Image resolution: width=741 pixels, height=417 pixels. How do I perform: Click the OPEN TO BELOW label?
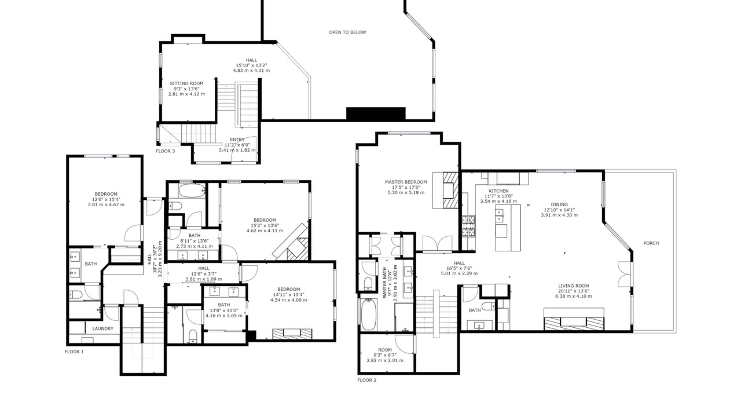[347, 32]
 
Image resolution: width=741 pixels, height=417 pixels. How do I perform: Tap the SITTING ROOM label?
[186, 83]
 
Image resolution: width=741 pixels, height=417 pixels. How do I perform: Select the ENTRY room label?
[237, 140]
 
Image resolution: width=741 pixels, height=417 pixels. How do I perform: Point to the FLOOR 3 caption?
[166, 151]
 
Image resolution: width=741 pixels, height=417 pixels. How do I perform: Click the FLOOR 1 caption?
[74, 352]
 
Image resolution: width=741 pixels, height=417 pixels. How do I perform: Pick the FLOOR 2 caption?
[367, 381]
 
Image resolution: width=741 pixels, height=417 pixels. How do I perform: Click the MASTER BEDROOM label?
[406, 182]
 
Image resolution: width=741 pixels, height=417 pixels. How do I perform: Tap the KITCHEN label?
[498, 191]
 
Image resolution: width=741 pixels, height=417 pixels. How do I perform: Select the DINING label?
[559, 204]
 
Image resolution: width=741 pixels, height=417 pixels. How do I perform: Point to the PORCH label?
[651, 243]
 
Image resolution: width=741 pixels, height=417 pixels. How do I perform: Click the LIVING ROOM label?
[574, 286]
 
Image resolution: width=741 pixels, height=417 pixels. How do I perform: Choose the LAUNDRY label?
[102, 328]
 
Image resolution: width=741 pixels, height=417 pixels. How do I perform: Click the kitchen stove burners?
[469, 226]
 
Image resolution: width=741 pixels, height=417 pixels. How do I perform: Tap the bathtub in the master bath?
[368, 314]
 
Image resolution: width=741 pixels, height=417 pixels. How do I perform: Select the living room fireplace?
[574, 319]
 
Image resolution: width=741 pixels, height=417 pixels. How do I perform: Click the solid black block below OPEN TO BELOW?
[376, 113]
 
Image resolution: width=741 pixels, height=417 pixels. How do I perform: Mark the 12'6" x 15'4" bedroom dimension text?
[106, 199]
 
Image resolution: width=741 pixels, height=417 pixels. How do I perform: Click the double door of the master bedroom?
[437, 243]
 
